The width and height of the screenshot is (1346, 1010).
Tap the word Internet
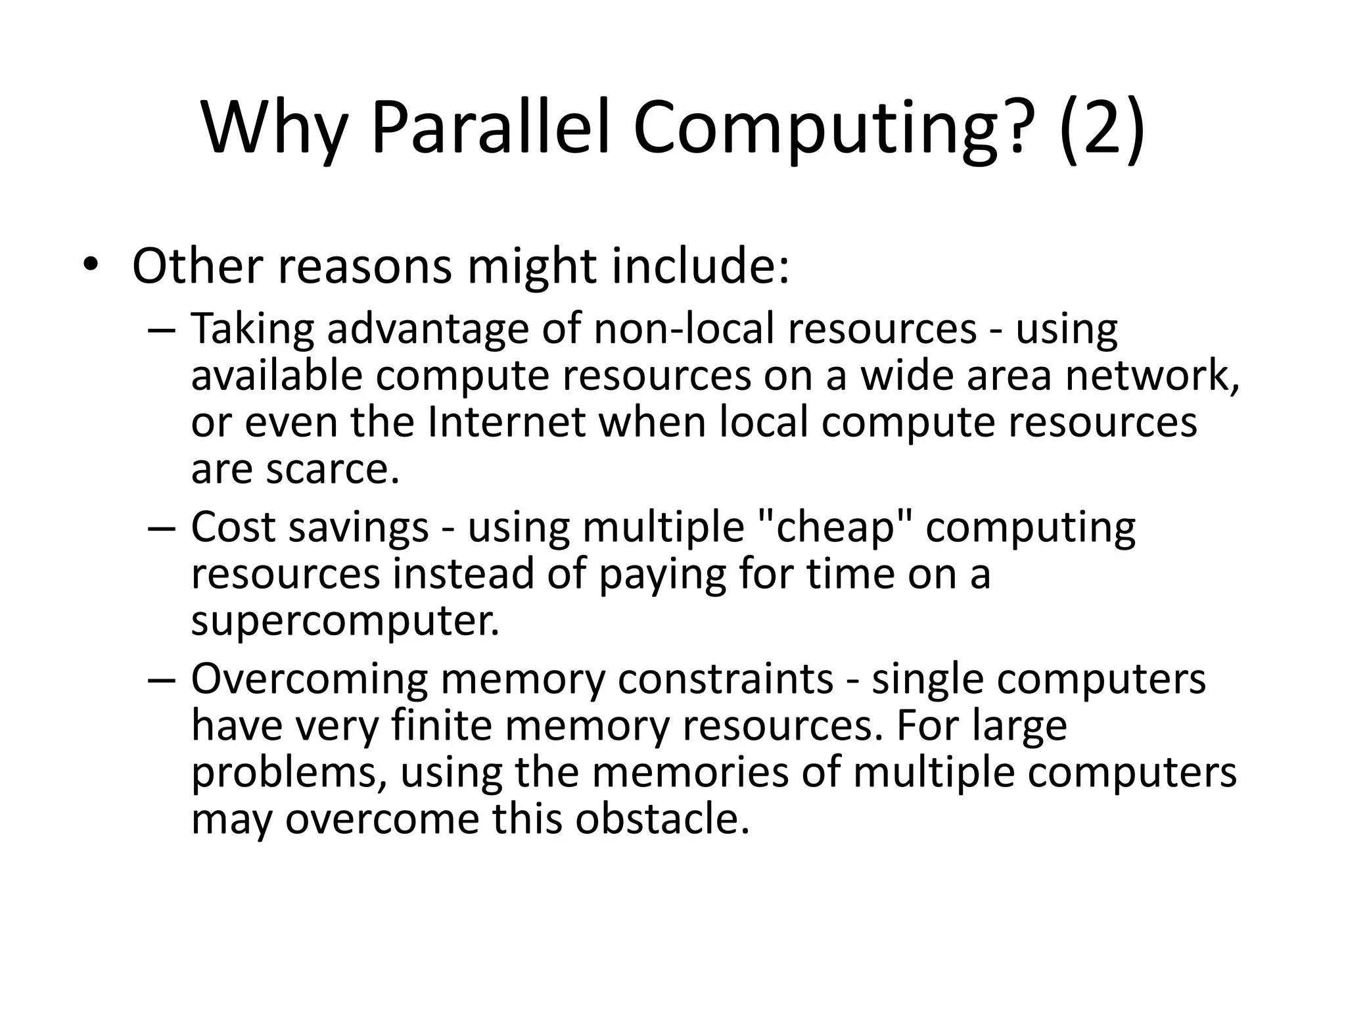click(506, 422)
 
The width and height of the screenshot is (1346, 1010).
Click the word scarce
click(333, 469)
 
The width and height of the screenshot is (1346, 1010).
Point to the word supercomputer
click(345, 621)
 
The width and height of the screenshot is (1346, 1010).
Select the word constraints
click(726, 679)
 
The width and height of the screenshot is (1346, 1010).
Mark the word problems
click(289, 773)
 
